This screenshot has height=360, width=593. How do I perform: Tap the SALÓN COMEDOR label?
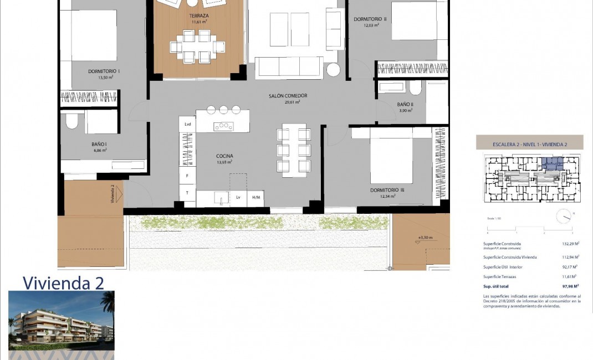click(288, 96)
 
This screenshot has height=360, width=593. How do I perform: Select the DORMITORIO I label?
click(104, 71)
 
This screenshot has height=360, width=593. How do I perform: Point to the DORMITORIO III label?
click(387, 190)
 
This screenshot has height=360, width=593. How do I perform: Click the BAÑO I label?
click(99, 144)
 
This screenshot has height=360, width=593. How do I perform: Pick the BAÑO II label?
click(405, 104)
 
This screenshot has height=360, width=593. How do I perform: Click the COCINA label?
click(224, 156)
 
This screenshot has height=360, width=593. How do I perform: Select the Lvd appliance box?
click(188, 124)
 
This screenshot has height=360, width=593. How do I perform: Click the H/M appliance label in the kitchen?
click(256, 197)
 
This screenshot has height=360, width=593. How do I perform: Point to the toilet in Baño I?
click(72, 121)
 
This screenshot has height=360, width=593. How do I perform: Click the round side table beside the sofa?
click(333, 70)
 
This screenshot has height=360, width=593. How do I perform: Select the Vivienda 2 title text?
click(63, 283)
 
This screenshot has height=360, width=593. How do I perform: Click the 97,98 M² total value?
click(569, 286)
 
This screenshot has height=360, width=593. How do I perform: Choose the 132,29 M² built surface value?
click(569, 244)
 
